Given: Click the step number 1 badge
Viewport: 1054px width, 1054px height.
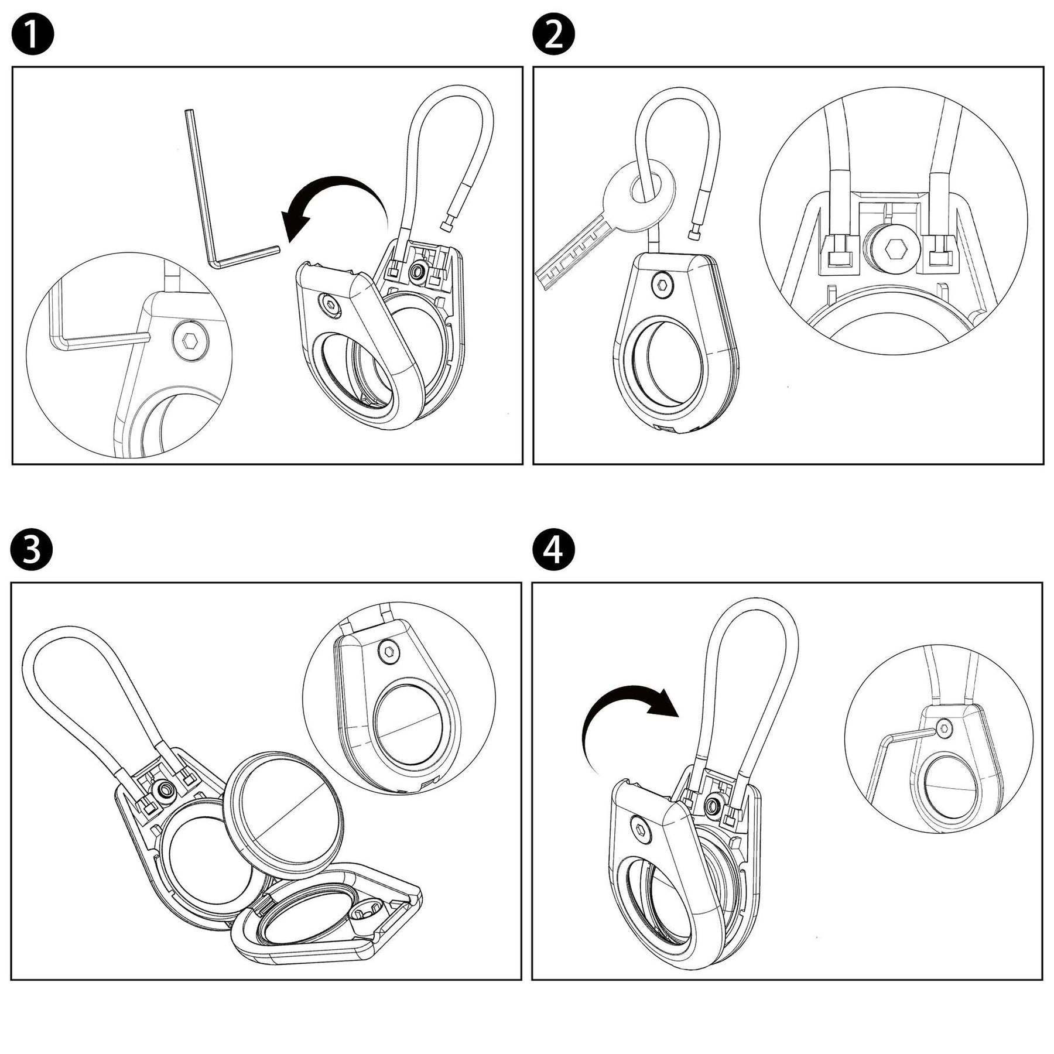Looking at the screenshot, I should pos(33,35).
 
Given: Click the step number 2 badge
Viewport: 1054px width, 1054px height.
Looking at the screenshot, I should pos(553,35).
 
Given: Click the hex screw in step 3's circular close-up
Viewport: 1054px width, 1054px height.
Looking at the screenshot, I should pos(388,651).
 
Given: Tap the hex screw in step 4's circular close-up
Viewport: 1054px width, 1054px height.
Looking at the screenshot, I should pos(943,728).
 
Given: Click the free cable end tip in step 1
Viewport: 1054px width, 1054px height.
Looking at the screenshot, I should pos(448,225).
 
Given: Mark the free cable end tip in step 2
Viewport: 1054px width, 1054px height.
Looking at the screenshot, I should pos(695,234).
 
